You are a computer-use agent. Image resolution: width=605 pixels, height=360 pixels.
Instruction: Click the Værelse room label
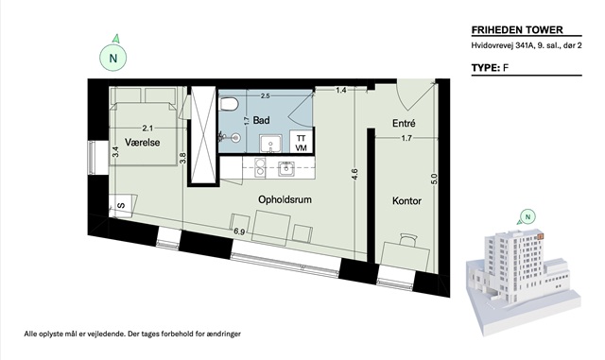(142, 143)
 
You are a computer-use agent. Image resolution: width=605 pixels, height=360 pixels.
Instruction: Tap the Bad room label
(261, 120)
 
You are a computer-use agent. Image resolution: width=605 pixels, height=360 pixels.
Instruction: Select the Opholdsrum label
(285, 200)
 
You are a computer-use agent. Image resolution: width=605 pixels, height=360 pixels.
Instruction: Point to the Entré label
(404, 123)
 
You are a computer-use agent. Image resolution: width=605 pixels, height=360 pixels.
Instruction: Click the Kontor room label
(406, 200)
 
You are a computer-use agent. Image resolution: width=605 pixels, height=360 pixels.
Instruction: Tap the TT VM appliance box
(301, 143)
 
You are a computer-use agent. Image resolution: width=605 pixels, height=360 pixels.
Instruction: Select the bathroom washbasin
(270, 145)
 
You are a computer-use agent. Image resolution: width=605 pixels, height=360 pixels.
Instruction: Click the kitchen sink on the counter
(285, 169)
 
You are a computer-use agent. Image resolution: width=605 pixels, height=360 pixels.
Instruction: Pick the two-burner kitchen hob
(260, 168)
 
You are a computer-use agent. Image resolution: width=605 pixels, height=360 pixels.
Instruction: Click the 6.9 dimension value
(239, 231)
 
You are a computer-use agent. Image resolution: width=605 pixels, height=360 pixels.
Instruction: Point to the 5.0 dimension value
(434, 179)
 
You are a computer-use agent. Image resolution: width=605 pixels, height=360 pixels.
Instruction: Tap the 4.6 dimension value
(354, 174)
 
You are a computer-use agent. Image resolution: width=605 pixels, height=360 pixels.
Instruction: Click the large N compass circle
(113, 58)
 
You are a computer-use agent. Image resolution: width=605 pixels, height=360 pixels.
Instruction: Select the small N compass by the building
(527, 216)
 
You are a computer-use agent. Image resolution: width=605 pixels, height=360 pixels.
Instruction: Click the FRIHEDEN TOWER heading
(517, 29)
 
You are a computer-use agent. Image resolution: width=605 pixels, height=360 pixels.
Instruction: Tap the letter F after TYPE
(506, 68)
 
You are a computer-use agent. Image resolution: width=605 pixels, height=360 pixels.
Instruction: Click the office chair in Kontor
(408, 240)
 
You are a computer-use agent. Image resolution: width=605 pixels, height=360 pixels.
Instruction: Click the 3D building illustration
(522, 282)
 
